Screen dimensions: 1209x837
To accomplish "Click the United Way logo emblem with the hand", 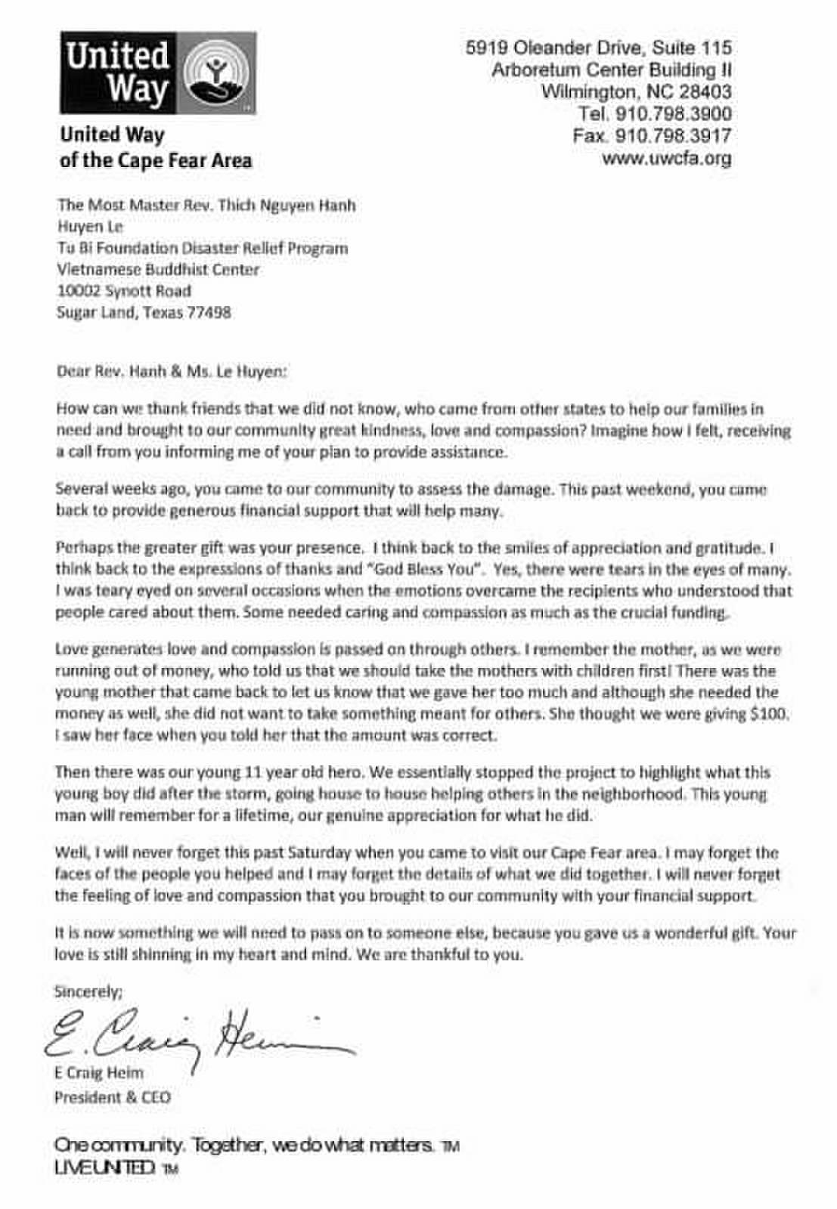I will click(x=215, y=74).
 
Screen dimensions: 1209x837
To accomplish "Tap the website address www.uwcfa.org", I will click(x=666, y=159).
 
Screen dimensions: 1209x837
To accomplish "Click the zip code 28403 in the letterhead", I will click(x=705, y=92).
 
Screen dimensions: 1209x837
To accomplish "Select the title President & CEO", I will click(x=112, y=1097).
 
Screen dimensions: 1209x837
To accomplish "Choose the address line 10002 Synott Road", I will click(x=124, y=291).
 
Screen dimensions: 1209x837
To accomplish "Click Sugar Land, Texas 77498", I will click(x=144, y=312).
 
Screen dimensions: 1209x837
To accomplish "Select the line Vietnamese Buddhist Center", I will click(x=158, y=269).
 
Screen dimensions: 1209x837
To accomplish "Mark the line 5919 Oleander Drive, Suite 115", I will click(x=598, y=48).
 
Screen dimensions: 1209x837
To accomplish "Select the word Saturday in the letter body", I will click(x=320, y=853).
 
